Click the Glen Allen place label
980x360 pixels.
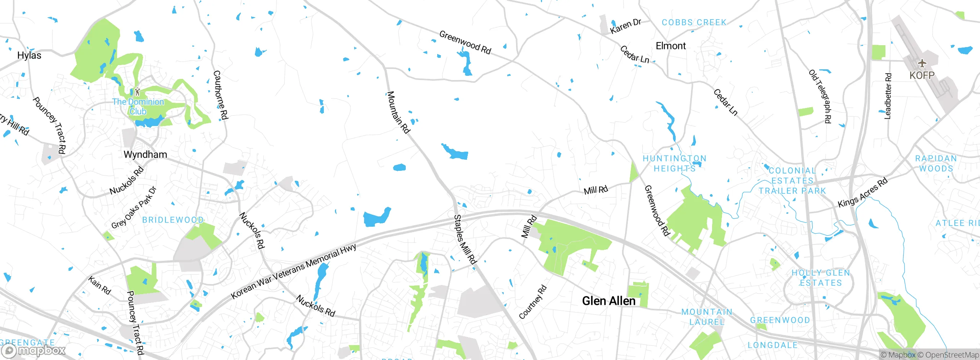[609, 301]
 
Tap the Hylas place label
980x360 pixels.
[29, 55]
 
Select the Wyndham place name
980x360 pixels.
[145, 154]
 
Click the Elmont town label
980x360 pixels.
[671, 46]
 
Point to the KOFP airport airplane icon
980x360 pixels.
[922, 63]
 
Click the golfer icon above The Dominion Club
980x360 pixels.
[137, 92]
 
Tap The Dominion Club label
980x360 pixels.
[138, 106]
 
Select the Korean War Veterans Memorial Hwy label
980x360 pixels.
[294, 271]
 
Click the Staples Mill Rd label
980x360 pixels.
[465, 239]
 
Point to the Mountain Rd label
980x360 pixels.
[398, 112]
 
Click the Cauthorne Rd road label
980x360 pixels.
[220, 95]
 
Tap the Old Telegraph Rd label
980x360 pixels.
[820, 96]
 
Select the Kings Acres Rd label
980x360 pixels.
[862, 193]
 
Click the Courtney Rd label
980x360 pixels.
[532, 302]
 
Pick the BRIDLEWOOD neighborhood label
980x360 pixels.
[173, 220]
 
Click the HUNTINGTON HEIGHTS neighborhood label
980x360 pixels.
[675, 164]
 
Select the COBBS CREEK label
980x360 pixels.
[694, 23]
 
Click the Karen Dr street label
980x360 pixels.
[626, 26]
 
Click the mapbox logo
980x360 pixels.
[34, 350]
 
